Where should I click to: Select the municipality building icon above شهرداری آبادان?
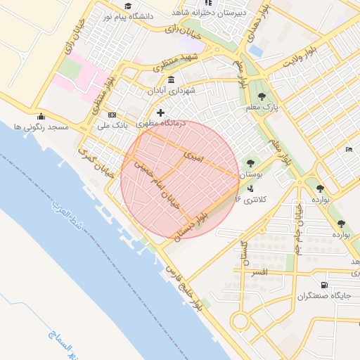coord(172,79)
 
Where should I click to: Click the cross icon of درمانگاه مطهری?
coord(161,112)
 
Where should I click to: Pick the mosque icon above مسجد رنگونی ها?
coord(41,116)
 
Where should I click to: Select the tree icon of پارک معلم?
coord(262,96)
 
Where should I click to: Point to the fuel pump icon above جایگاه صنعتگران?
coord(323,285)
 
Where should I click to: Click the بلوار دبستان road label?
coord(191,225)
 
